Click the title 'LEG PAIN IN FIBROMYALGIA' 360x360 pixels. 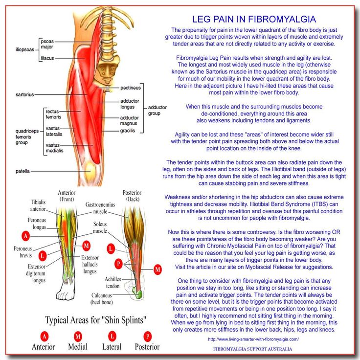point(253,20)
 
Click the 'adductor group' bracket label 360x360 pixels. point(158,110)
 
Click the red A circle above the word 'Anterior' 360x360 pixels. point(45,337)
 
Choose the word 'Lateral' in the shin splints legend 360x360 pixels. point(112,347)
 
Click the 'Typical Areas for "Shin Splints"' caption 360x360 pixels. point(95,321)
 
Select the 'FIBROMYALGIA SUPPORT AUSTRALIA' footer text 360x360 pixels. point(252,349)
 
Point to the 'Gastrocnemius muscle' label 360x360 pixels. point(100,208)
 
